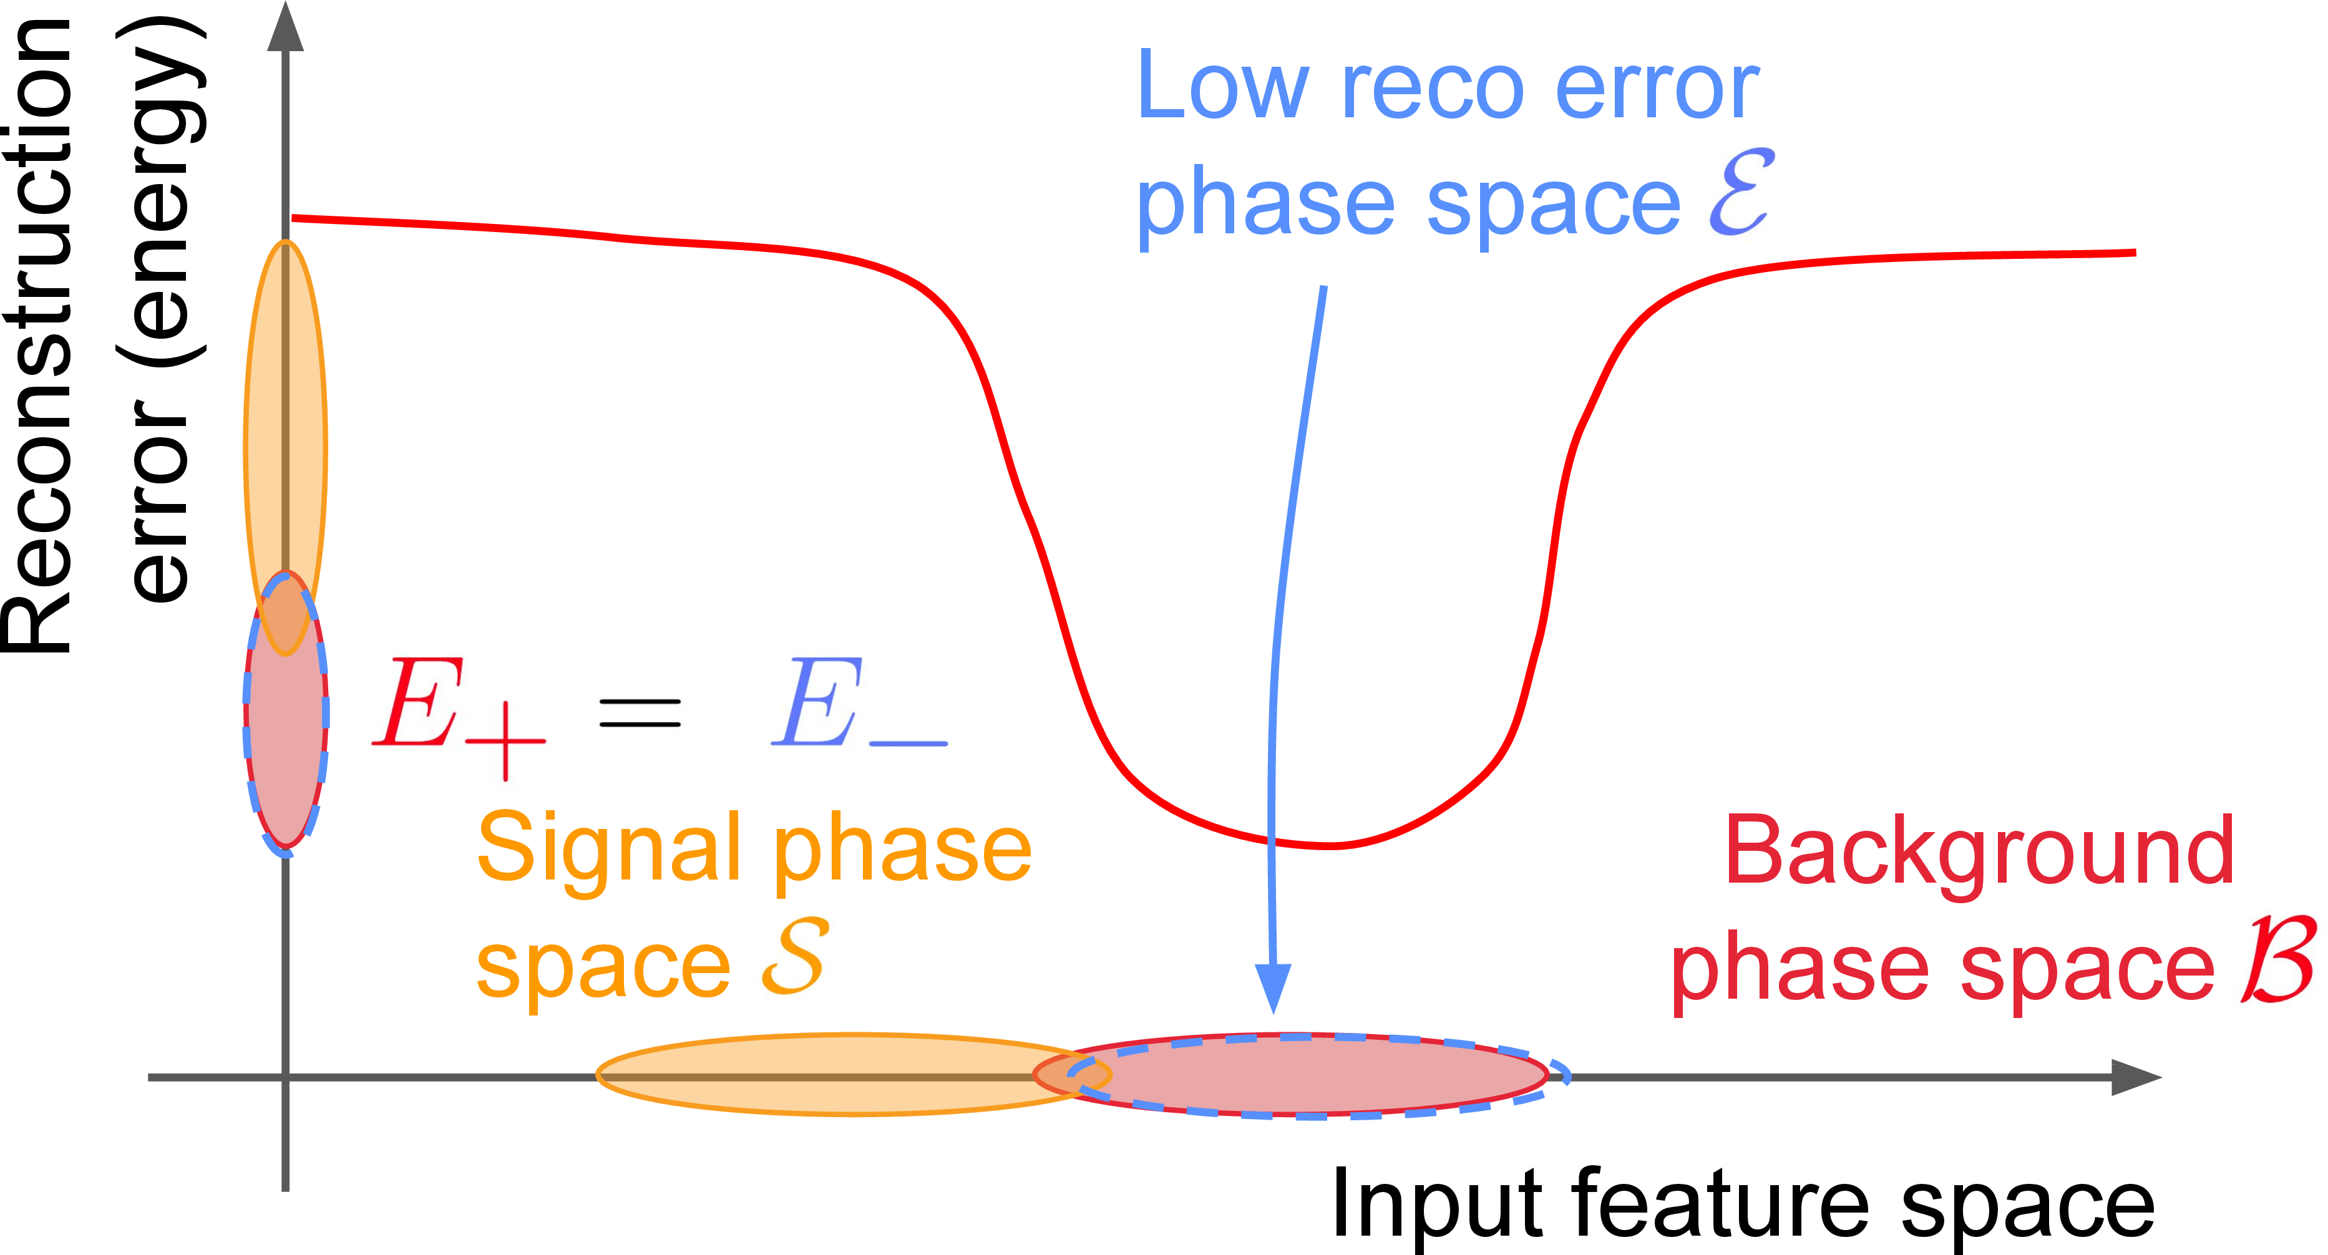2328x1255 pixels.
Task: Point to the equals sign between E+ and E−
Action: (640, 714)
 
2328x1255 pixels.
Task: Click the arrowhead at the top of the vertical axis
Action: (286, 27)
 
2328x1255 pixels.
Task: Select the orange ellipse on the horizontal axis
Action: (814, 1075)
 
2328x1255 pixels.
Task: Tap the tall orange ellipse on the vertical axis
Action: (286, 407)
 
